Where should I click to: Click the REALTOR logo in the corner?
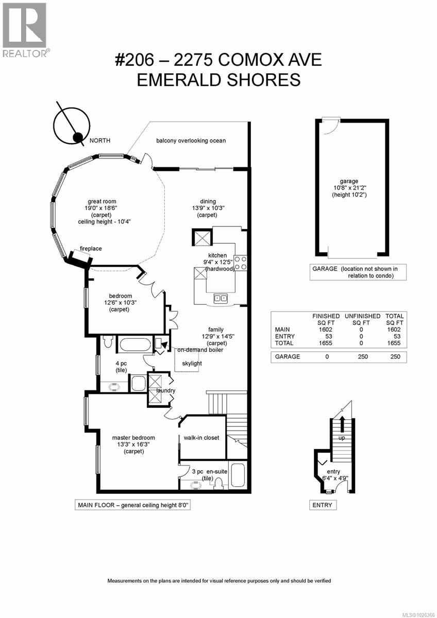coord(24,29)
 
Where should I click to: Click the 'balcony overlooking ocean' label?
coord(191,141)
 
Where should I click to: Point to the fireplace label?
coord(90,249)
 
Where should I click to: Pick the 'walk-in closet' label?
coord(201,438)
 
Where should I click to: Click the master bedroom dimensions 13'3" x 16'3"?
coord(133,444)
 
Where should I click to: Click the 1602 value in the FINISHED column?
coord(326,330)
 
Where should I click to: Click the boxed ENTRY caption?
coord(323,505)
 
